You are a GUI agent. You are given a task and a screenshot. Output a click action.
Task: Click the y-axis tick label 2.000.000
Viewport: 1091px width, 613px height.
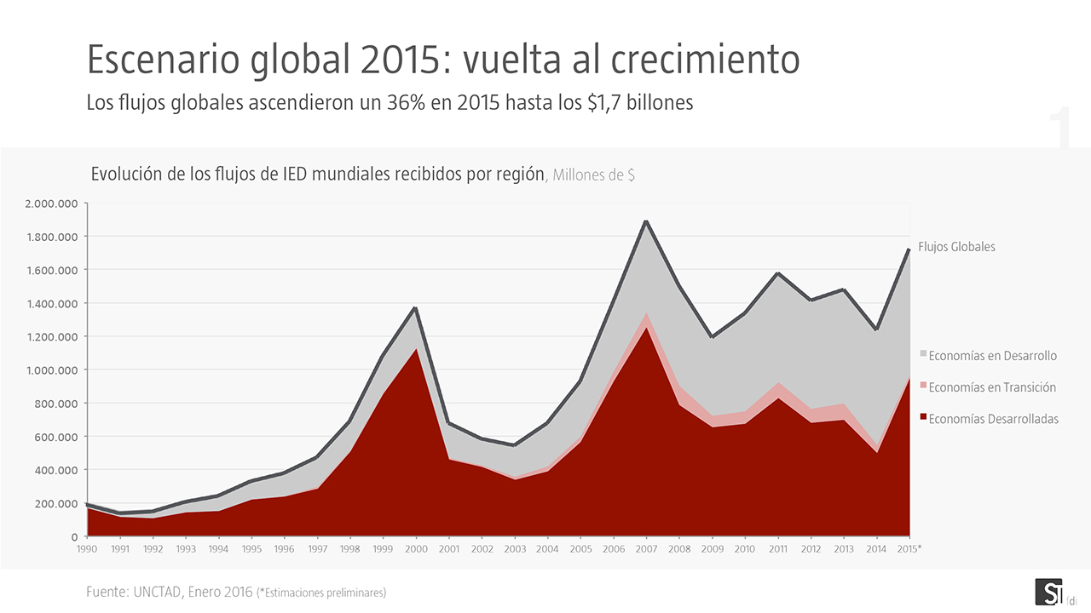(52, 203)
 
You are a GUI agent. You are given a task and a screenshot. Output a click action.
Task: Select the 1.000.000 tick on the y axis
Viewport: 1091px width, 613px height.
(52, 370)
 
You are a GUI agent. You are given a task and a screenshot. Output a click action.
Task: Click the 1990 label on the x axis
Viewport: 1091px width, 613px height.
(87, 549)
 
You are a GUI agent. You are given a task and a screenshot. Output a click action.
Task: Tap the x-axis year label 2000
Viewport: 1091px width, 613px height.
(416, 549)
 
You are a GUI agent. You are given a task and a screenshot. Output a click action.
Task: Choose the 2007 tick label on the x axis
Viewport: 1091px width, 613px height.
(646, 549)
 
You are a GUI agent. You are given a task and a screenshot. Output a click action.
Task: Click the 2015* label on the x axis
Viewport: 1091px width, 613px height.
(909, 549)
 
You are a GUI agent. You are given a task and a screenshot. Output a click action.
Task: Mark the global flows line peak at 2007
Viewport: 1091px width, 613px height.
(646, 221)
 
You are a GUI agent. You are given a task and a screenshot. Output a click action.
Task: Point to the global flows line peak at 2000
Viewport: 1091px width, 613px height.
(416, 308)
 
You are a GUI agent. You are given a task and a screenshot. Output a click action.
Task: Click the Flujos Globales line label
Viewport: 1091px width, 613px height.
(956, 247)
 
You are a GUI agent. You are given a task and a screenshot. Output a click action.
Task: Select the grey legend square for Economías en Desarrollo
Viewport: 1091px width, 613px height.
(923, 355)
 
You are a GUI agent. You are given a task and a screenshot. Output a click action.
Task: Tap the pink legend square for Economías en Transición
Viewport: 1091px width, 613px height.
(923, 387)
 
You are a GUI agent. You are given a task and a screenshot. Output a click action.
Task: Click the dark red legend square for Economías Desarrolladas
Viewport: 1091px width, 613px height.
(923, 418)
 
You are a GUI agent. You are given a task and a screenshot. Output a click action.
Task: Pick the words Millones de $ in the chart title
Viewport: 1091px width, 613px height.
(594, 175)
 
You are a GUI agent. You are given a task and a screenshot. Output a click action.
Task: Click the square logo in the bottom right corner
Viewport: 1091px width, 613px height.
(1048, 592)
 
